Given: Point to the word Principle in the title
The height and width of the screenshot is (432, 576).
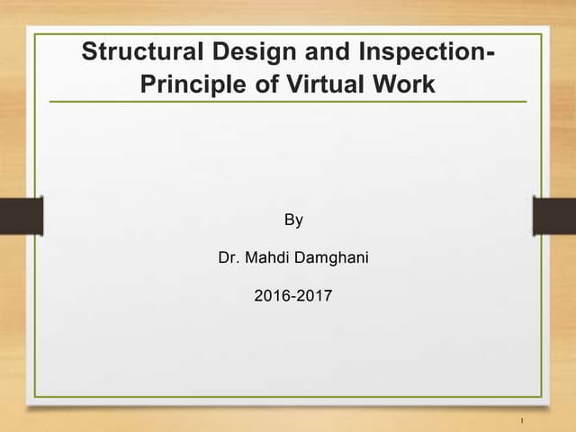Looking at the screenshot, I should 187,85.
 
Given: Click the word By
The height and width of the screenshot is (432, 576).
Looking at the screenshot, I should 293,219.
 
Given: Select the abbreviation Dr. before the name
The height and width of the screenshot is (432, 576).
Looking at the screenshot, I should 228,259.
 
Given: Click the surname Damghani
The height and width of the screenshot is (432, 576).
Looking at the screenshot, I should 331,259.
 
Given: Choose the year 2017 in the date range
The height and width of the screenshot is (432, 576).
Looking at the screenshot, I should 316,295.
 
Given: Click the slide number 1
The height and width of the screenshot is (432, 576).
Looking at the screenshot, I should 522,419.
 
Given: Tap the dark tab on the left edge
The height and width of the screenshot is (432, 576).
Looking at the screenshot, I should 21,216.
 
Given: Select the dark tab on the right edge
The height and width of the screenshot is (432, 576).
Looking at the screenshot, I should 554,216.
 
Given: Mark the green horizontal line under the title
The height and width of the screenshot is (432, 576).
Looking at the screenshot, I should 288,102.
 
